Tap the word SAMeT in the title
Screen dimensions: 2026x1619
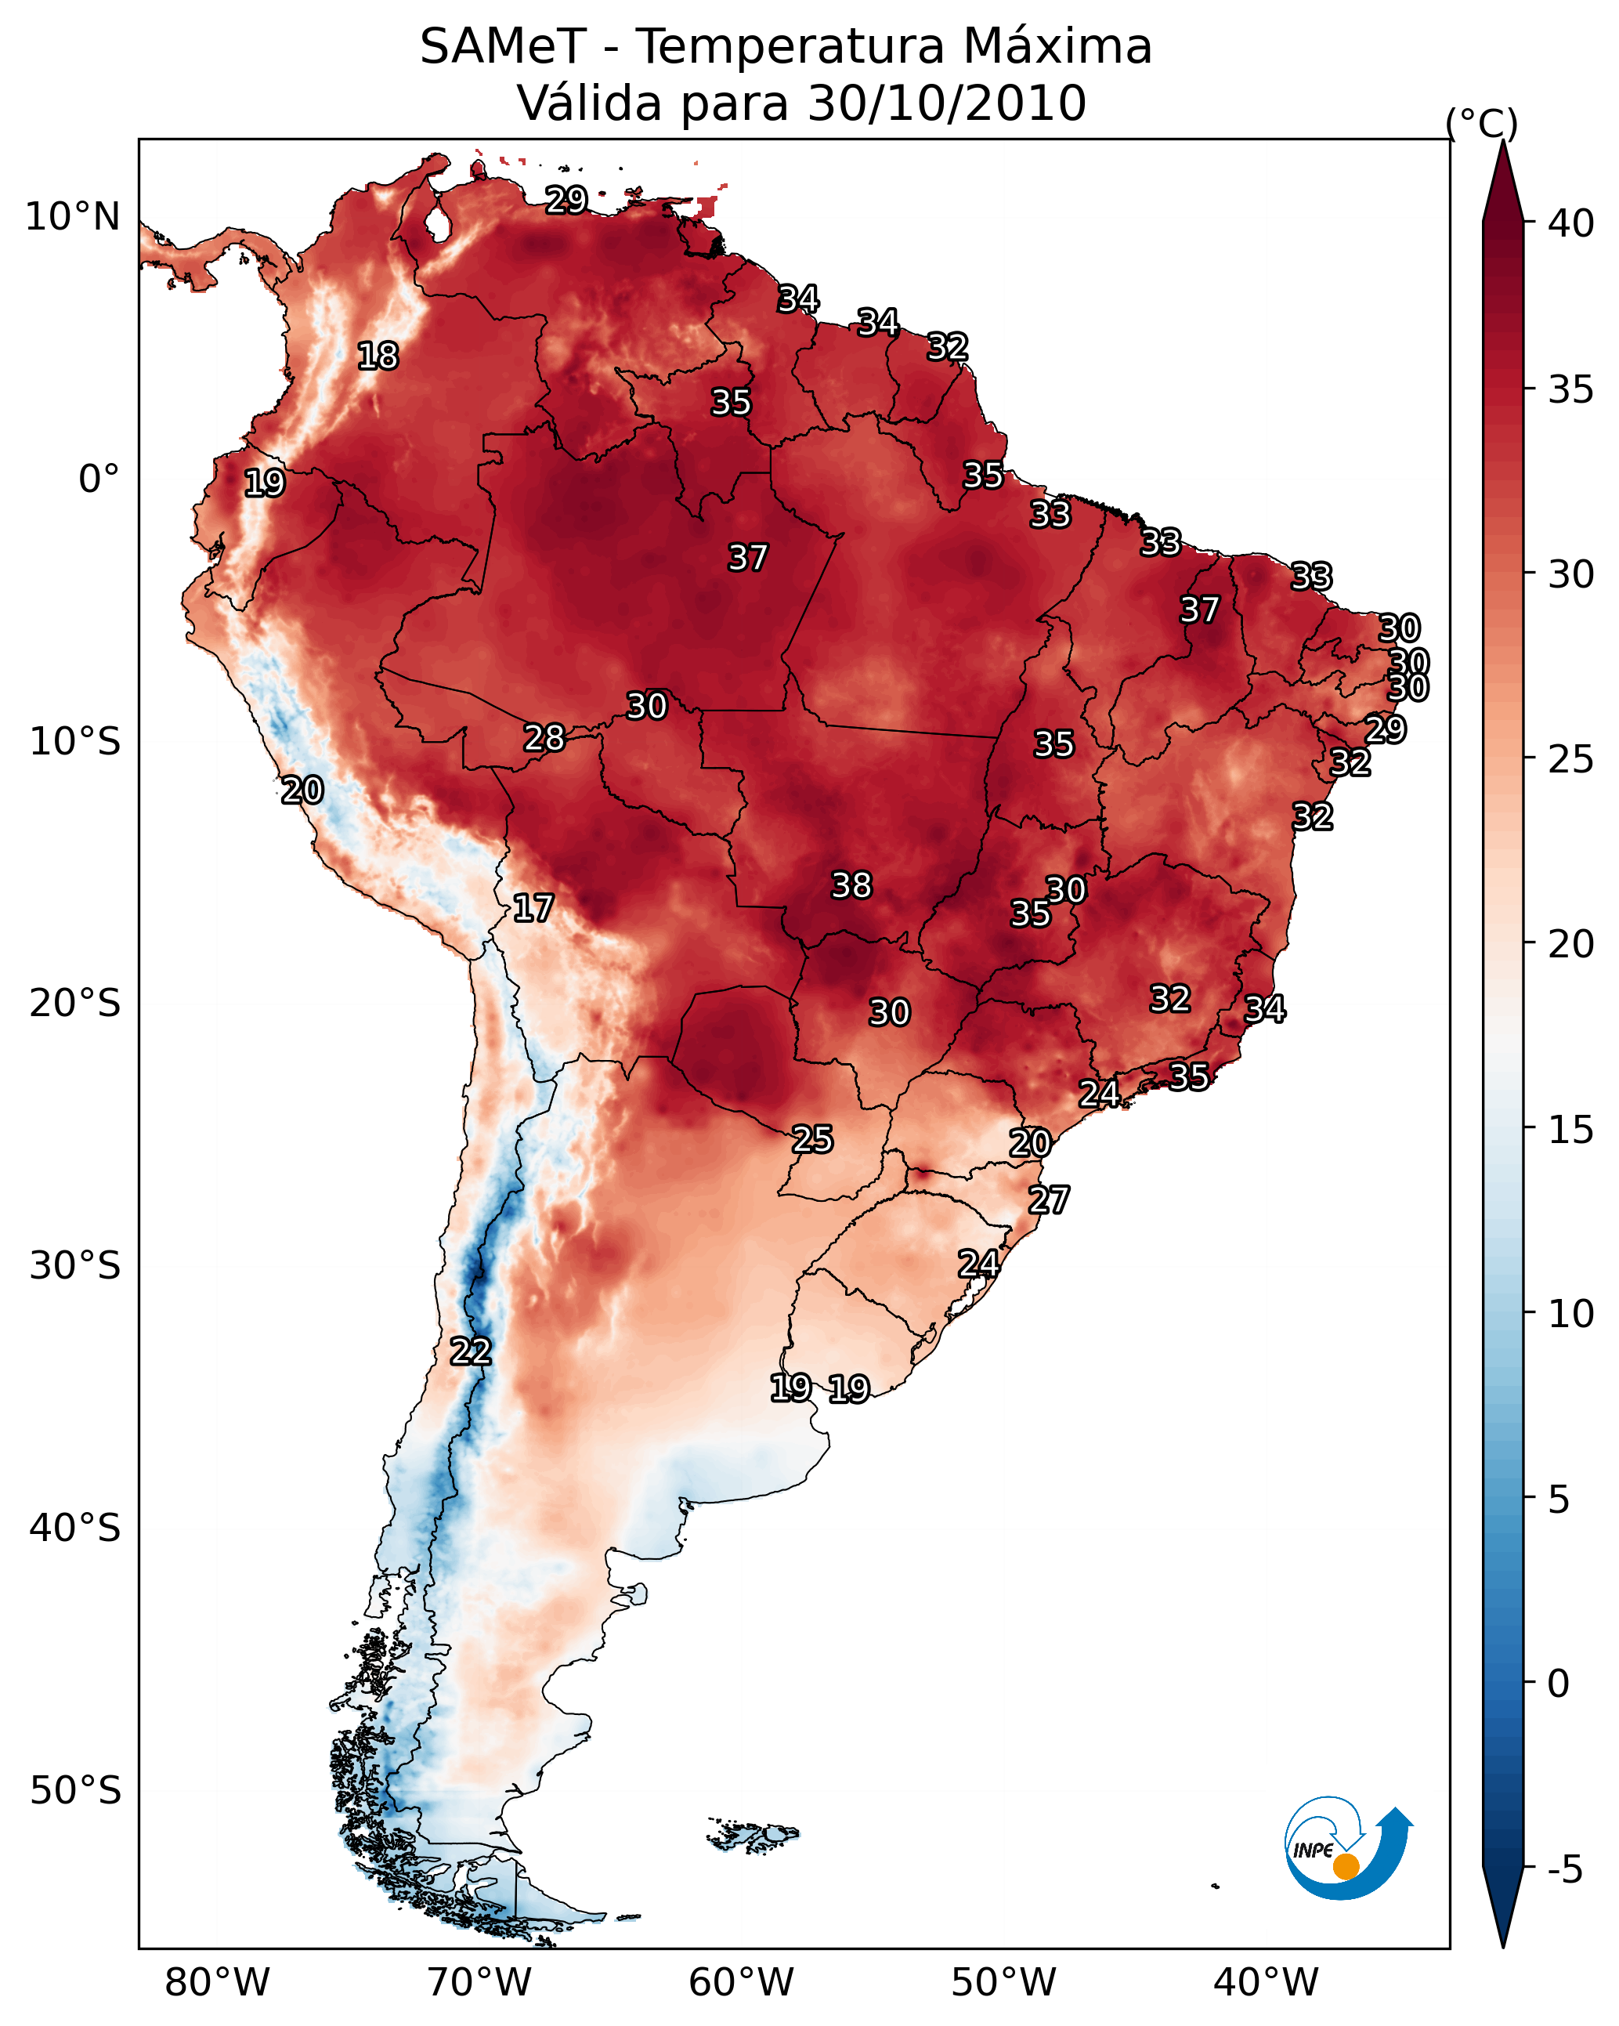point(503,47)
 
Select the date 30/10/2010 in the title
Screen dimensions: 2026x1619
point(946,103)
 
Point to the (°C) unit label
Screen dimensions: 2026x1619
point(1481,123)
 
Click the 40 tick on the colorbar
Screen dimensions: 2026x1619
point(1571,223)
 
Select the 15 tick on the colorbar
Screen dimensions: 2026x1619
point(1571,1130)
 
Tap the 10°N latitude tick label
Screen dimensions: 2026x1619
point(72,217)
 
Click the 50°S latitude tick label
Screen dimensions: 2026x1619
point(75,1791)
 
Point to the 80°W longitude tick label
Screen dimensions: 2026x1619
point(217,1982)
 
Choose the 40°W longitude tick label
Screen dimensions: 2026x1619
point(1266,1982)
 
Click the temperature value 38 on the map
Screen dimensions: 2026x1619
point(851,885)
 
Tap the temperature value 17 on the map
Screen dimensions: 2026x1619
point(533,908)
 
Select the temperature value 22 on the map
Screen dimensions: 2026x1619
point(471,1351)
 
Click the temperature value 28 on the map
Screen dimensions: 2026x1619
point(544,739)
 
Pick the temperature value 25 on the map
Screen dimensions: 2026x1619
point(811,1139)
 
